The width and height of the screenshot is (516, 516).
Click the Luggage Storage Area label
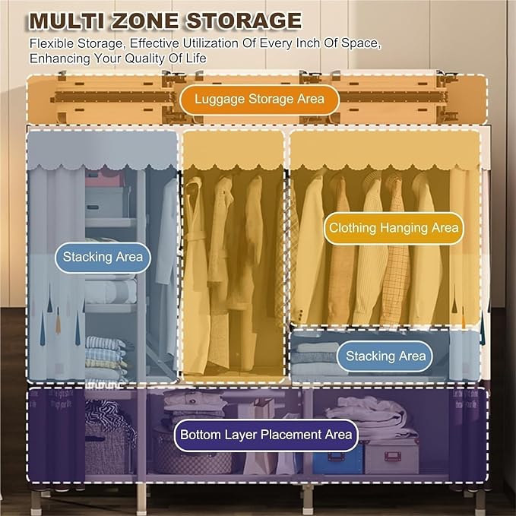point(259,100)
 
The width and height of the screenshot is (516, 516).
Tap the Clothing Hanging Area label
point(394,228)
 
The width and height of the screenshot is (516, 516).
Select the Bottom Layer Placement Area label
point(266,435)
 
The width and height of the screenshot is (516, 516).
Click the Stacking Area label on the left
point(103,258)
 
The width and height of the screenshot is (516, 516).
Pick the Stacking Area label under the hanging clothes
point(385,356)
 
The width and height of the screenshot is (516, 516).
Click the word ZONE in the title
point(146,21)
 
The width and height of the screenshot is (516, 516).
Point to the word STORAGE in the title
point(244,21)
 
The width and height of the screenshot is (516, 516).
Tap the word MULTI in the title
point(67,21)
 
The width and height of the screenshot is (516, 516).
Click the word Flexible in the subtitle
point(51,43)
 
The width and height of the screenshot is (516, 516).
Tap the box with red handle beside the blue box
point(391,457)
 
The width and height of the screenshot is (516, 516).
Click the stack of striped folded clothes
point(106,356)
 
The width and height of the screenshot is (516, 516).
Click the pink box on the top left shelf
point(105,179)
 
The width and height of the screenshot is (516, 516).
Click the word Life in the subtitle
point(197,59)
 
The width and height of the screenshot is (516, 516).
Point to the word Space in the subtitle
point(361,43)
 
